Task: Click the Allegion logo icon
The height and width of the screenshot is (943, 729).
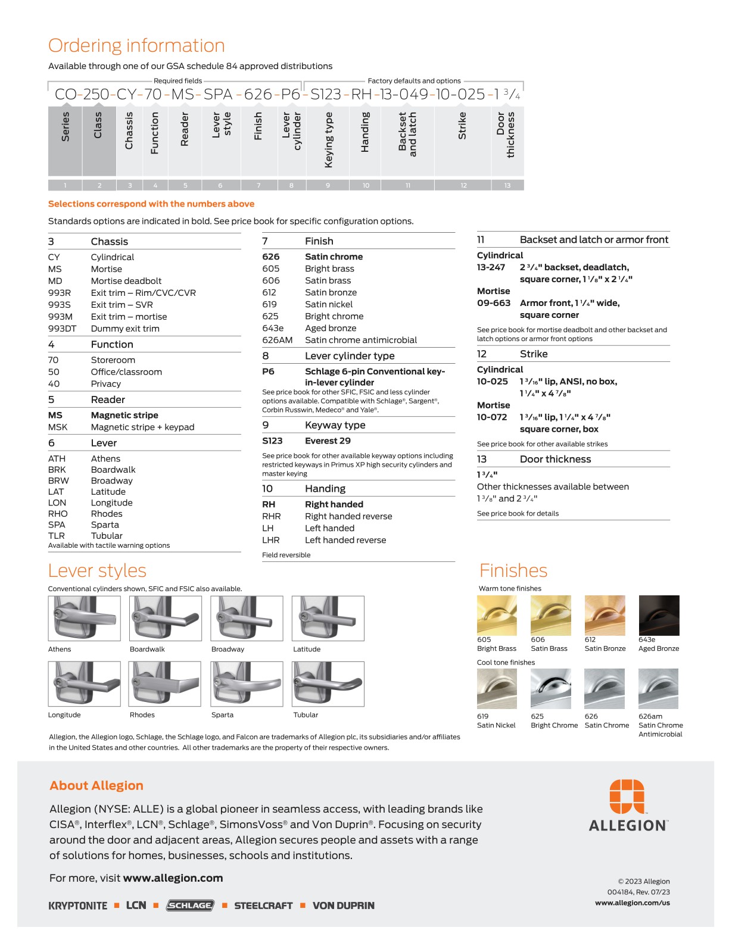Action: (627, 796)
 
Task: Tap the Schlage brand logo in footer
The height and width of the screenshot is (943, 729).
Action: (190, 905)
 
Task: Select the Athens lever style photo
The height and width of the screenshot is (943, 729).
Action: (84, 619)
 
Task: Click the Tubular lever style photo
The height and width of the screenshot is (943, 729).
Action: (328, 684)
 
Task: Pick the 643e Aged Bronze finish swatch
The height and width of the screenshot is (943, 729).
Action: (659, 616)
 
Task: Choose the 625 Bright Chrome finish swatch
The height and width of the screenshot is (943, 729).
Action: (551, 689)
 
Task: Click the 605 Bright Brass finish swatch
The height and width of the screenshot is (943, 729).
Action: (497, 616)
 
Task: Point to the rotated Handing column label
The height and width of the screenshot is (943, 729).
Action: (365, 132)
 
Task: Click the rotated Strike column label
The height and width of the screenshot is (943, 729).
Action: (462, 126)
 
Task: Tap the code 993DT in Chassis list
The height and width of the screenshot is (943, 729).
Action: (62, 329)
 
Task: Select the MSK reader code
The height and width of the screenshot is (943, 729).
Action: (58, 427)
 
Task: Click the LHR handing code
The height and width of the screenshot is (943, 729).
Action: (271, 541)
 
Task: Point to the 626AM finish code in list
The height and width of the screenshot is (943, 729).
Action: (278, 341)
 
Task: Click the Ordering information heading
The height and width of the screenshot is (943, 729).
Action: (136, 45)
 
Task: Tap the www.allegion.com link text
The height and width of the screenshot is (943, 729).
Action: (173, 878)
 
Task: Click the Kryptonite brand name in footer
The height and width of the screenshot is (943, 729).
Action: (78, 905)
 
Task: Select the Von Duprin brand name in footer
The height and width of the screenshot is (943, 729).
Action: (344, 905)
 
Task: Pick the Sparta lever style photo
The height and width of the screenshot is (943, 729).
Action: (247, 684)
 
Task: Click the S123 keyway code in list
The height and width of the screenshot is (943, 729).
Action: (272, 441)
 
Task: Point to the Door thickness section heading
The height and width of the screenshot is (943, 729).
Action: (555, 460)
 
